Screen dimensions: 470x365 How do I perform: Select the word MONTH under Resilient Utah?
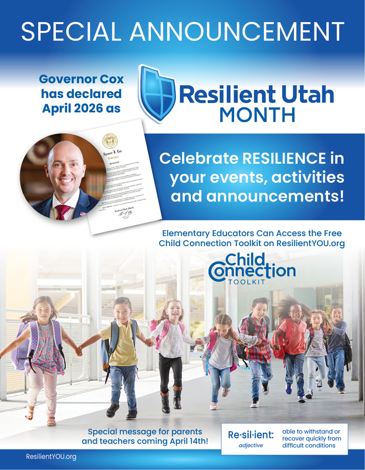point(257,114)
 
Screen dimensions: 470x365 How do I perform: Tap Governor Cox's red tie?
point(60,211)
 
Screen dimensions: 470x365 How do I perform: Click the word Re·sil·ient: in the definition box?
point(251,435)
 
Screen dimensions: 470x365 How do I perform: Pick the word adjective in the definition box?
point(251,445)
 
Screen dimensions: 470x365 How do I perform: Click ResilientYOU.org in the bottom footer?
point(51,456)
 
